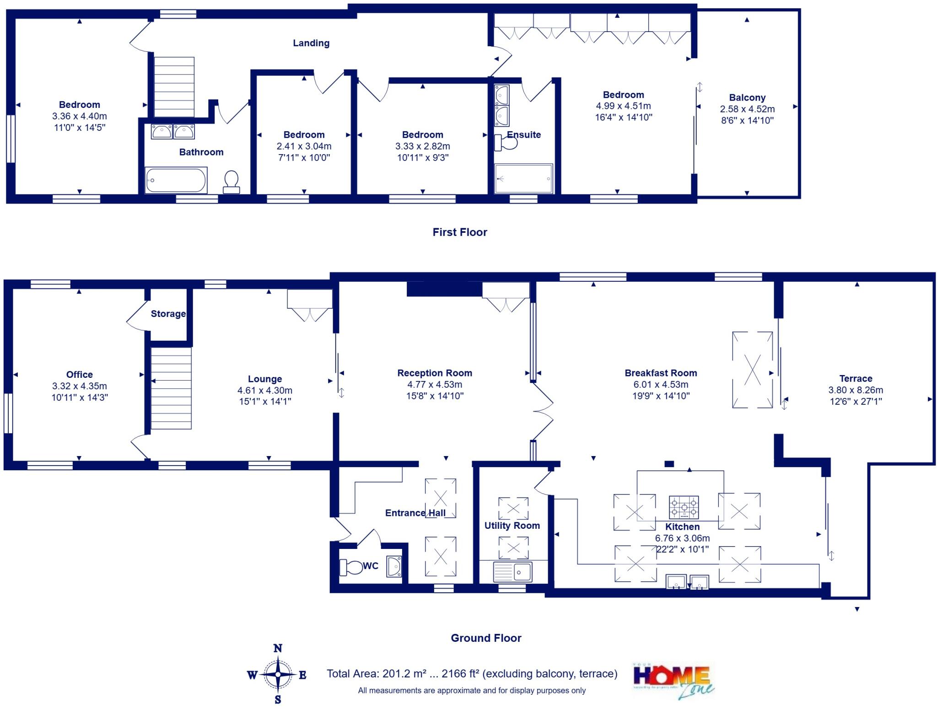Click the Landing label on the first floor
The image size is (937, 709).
click(x=311, y=43)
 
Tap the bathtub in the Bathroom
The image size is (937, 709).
click(x=176, y=180)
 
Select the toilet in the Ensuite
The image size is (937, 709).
click(x=506, y=143)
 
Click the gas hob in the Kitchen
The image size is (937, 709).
click(x=684, y=507)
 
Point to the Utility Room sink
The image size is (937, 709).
click(x=513, y=572)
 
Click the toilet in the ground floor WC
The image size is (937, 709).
click(x=350, y=567)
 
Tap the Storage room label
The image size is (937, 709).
click(x=168, y=314)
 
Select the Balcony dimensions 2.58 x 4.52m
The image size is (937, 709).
click(x=747, y=109)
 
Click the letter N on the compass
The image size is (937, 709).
click(x=278, y=648)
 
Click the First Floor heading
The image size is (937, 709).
click(x=460, y=232)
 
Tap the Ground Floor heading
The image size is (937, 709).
click(x=486, y=638)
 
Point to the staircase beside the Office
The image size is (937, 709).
click(x=171, y=388)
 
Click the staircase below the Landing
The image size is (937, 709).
click(x=174, y=87)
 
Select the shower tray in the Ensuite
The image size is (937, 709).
click(x=523, y=178)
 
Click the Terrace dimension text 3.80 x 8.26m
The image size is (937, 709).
click(x=856, y=390)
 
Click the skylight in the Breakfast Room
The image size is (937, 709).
click(x=752, y=370)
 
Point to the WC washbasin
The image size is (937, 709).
click(x=394, y=566)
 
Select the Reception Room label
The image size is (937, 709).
click(x=435, y=373)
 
